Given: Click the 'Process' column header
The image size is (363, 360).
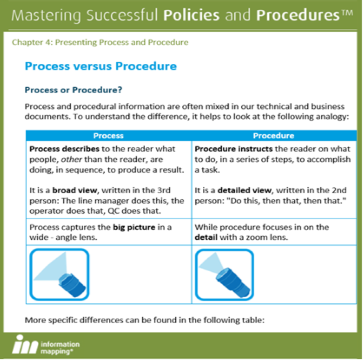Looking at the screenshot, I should [x=108, y=135].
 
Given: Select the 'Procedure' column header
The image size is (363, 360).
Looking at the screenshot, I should [x=274, y=135].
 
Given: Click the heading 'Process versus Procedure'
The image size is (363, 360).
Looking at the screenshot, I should [x=101, y=67].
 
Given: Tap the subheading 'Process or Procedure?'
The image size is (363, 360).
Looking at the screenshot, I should [x=72, y=89].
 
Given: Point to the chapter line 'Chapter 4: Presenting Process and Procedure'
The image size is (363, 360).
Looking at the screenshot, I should [x=100, y=42].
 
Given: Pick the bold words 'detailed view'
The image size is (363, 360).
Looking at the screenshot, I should [x=239, y=191].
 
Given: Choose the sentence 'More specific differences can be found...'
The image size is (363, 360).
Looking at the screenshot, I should [x=144, y=319].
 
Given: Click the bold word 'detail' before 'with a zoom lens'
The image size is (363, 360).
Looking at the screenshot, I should [x=207, y=238].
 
